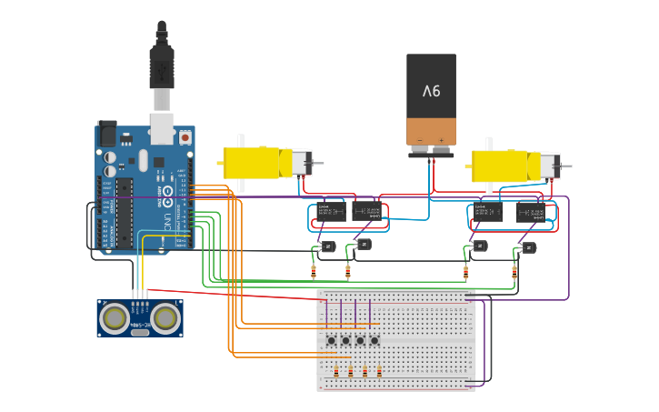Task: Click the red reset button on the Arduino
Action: click(x=185, y=136)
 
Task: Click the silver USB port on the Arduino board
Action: click(x=162, y=130)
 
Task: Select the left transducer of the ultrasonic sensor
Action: click(x=115, y=317)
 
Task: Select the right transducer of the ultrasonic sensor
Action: click(x=165, y=317)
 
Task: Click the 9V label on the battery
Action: click(x=431, y=91)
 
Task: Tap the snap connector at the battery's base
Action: click(x=431, y=154)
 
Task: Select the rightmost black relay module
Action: click(x=530, y=212)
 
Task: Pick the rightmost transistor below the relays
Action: click(x=528, y=246)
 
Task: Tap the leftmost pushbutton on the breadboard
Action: click(x=332, y=341)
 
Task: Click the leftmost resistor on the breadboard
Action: click(x=336, y=371)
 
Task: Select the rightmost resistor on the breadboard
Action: click(x=379, y=371)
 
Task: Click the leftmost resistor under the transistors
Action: click(x=314, y=270)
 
